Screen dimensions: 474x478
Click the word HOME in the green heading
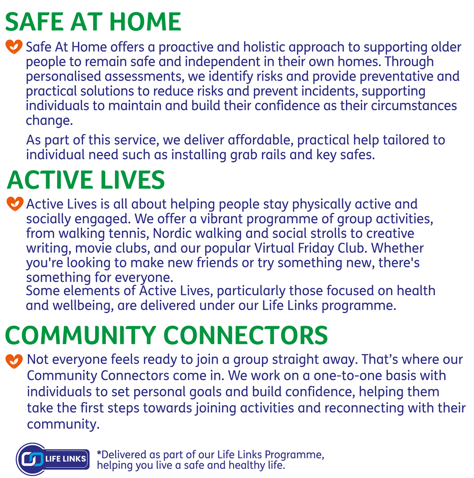tap(145, 22)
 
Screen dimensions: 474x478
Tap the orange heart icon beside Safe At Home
tap(14, 47)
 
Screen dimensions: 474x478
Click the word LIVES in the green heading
tap(133, 180)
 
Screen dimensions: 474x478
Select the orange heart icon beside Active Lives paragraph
tap(15, 204)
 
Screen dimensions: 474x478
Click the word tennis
tap(129, 233)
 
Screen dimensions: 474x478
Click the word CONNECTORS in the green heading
tap(246, 335)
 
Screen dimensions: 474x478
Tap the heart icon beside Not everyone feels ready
tap(14, 361)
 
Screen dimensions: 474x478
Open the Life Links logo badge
tap(53, 459)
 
